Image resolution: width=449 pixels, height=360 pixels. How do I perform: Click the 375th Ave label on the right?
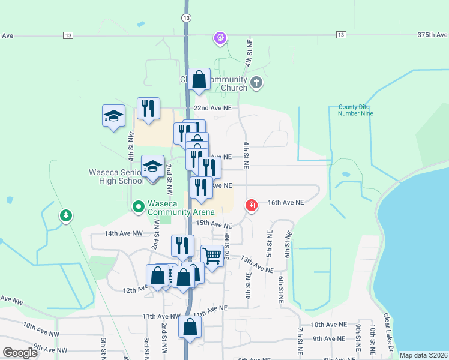click(x=432, y=35)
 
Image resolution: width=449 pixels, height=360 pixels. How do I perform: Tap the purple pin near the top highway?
click(x=220, y=38)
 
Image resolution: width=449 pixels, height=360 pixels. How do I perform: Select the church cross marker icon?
click(x=256, y=82)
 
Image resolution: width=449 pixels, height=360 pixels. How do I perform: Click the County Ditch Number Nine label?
click(x=355, y=110)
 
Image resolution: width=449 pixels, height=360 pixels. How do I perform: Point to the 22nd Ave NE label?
click(x=212, y=108)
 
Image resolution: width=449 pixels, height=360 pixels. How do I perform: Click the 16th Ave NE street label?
click(x=286, y=203)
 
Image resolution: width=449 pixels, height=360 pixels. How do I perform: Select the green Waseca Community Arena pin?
click(x=138, y=207)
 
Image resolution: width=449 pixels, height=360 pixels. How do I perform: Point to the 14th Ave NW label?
click(x=124, y=233)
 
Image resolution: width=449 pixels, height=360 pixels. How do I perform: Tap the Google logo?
click(x=20, y=353)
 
